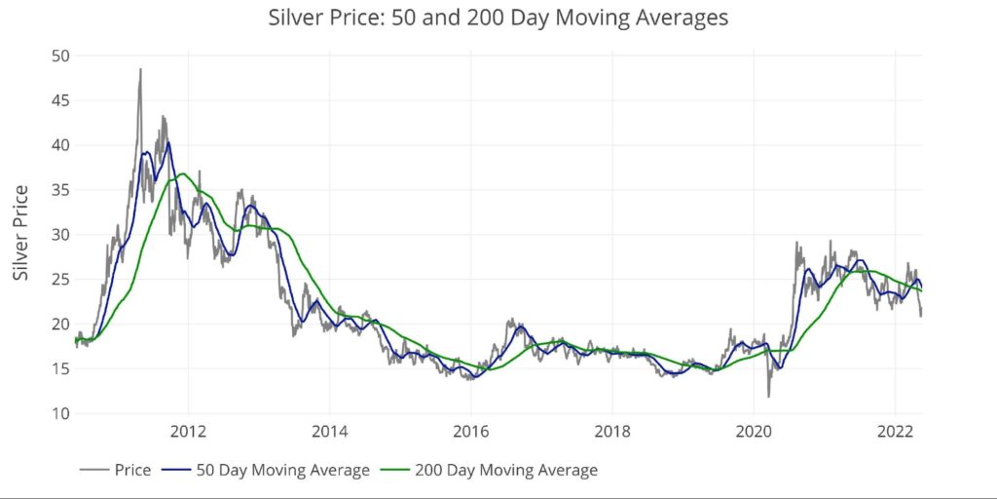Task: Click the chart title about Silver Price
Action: pyautogui.click(x=498, y=18)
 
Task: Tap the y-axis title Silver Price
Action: pyautogui.click(x=21, y=233)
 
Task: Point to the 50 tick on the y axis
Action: pyautogui.click(x=59, y=56)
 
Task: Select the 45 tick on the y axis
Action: pyautogui.click(x=59, y=100)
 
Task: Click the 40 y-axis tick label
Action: pyautogui.click(x=59, y=145)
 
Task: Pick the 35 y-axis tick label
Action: pyautogui.click(x=59, y=190)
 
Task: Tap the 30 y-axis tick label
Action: pyautogui.click(x=59, y=235)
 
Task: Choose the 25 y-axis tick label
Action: pyautogui.click(x=59, y=280)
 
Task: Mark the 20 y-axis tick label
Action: pyautogui.click(x=59, y=325)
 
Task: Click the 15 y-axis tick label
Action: pyautogui.click(x=59, y=369)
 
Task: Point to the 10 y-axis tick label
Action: pyautogui.click(x=59, y=414)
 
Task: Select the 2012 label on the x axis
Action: pyautogui.click(x=188, y=432)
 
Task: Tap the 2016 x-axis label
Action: pyautogui.click(x=471, y=432)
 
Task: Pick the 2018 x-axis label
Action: pyautogui.click(x=612, y=432)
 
